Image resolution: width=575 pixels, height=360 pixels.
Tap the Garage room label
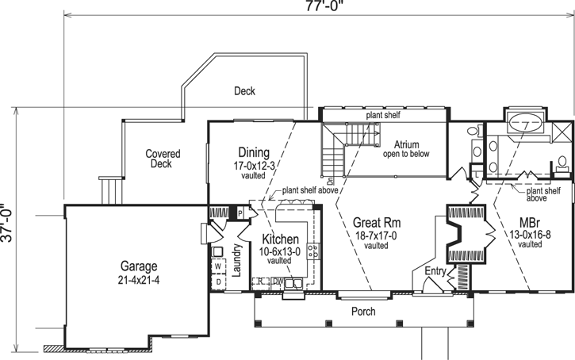click(x=139, y=266)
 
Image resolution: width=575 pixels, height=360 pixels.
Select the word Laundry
click(x=236, y=260)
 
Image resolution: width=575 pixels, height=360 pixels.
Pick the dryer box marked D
click(x=217, y=281)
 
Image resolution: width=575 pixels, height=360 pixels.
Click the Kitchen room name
click(x=281, y=239)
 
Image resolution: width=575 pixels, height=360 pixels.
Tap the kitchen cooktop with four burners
click(x=315, y=251)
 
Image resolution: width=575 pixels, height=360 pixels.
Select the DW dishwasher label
click(x=278, y=281)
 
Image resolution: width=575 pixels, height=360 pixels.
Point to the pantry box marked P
click(x=239, y=213)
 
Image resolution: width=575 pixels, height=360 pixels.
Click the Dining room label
click(x=254, y=152)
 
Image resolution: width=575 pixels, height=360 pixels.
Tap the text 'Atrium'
click(x=405, y=143)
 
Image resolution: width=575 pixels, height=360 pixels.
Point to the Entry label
click(x=435, y=272)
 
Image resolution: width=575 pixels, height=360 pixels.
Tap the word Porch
click(x=363, y=311)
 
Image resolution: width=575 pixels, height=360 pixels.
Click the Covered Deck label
click(x=162, y=159)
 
